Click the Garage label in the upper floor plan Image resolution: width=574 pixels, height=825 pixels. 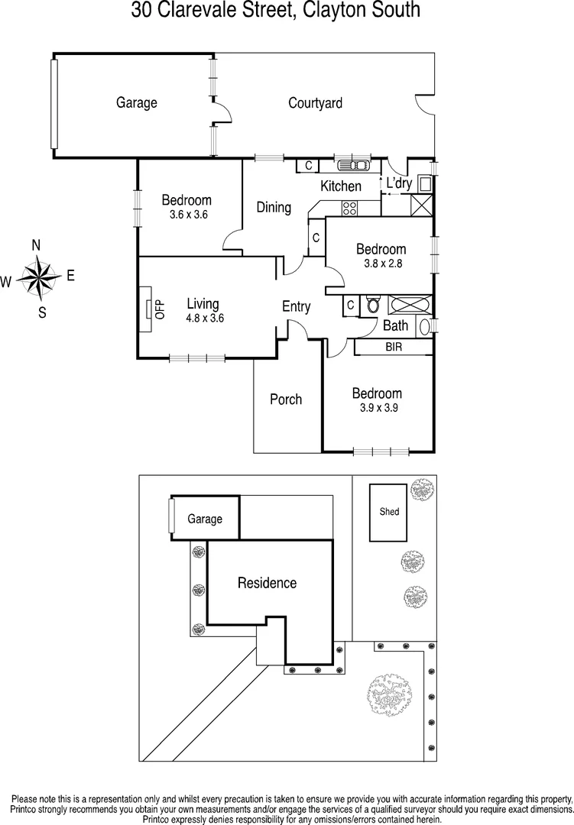[136, 102]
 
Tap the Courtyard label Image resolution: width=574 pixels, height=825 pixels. [315, 102]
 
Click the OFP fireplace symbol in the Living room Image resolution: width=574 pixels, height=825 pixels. [148, 309]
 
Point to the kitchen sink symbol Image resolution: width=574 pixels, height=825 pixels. [352, 165]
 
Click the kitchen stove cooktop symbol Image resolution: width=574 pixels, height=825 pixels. [350, 208]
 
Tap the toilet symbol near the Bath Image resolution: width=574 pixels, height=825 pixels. [372, 305]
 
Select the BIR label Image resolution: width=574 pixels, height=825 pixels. [394, 348]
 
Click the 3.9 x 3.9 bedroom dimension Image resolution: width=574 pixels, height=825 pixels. [377, 408]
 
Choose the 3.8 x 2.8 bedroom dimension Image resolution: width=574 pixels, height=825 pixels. [381, 264]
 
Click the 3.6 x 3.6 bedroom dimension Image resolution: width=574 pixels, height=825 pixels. [186, 215]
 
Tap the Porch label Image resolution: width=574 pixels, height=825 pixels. [286, 399]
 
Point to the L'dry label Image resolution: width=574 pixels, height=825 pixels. [399, 183]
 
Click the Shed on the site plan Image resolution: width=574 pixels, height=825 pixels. [389, 511]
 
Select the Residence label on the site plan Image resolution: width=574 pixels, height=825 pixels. [267, 583]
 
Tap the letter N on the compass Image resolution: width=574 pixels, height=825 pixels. [35, 245]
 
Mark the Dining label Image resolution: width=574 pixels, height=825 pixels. [274, 207]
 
